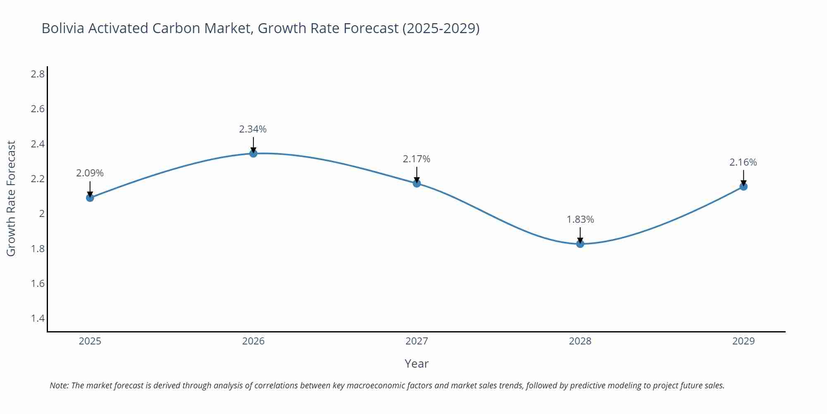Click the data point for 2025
(90, 198)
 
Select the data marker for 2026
(253, 154)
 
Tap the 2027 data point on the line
(417, 183)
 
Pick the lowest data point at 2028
(580, 244)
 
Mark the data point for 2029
(743, 187)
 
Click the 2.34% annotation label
(253, 129)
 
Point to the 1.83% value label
(580, 219)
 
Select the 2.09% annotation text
(90, 173)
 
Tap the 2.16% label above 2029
(743, 162)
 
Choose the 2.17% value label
(416, 159)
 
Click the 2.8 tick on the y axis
(38, 74)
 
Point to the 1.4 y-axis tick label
(38, 318)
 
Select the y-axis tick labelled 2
(41, 214)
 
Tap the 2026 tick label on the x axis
(253, 341)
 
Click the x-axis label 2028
(580, 341)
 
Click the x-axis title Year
(416, 363)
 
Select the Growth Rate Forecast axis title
(11, 198)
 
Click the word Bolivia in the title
(63, 28)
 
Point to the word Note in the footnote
(59, 385)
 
